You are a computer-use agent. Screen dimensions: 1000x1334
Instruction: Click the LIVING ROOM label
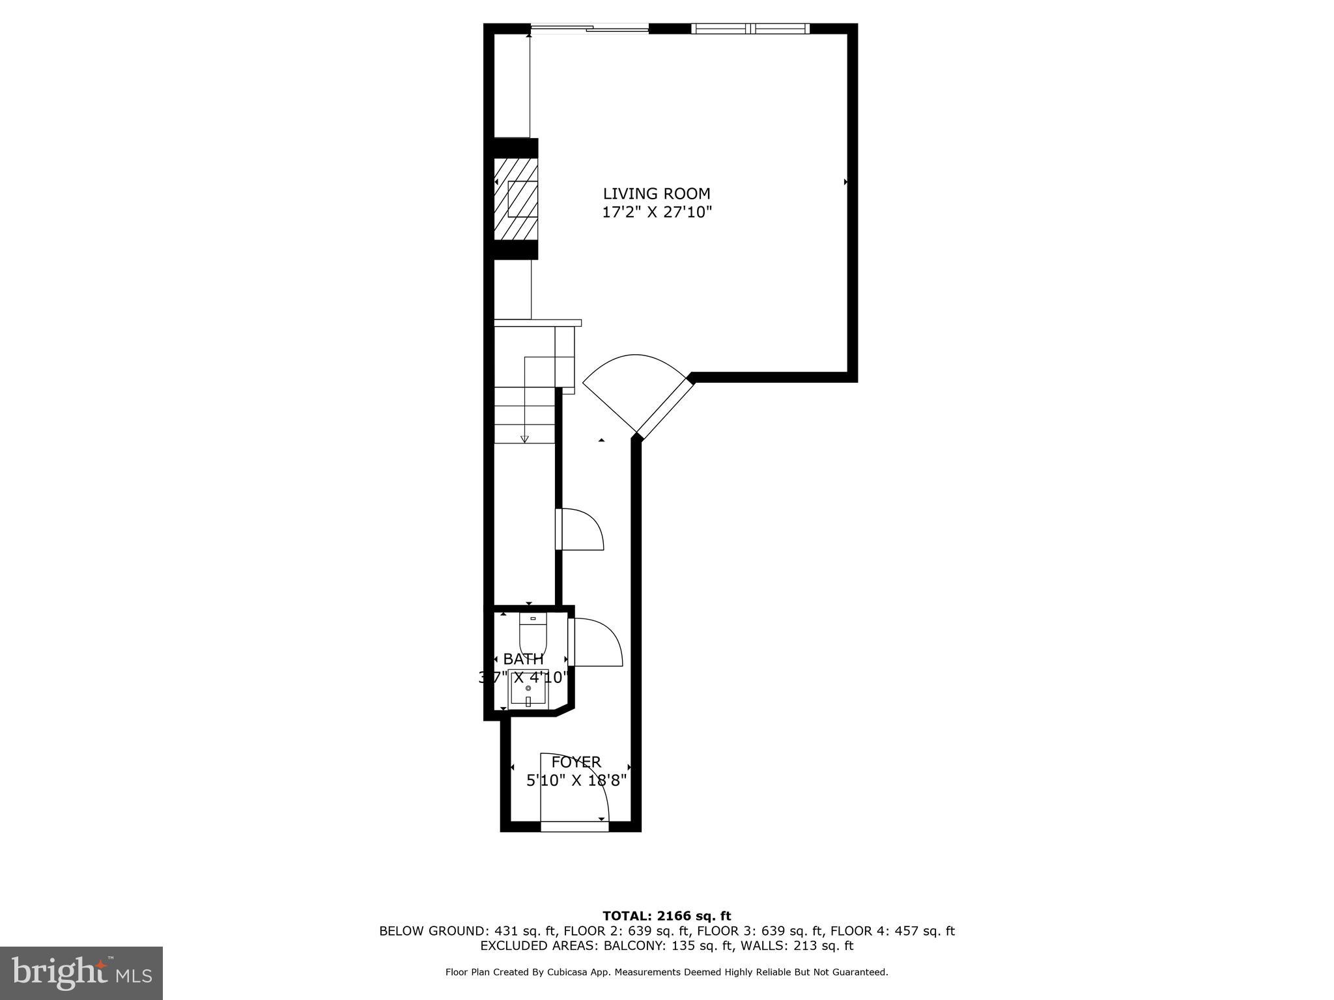pos(656,193)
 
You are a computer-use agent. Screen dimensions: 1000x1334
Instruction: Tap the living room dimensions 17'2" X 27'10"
pos(657,212)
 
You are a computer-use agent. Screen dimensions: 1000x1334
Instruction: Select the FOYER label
pos(576,762)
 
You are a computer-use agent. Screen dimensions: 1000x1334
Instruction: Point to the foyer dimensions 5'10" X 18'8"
pos(576,780)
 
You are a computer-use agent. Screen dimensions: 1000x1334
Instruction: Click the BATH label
pos(523,659)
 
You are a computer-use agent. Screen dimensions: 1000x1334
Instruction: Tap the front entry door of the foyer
pos(575,826)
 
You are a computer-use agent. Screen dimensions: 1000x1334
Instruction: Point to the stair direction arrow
pos(524,437)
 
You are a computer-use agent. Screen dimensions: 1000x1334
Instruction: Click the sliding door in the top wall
pos(589,28)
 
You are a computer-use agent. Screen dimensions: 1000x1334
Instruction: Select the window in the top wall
pos(750,28)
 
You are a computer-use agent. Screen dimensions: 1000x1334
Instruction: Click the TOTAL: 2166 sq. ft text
pos(666,916)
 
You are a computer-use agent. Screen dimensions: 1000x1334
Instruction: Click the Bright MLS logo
pos(81,973)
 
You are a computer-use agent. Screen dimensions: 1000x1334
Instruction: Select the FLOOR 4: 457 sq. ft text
pos(892,931)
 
